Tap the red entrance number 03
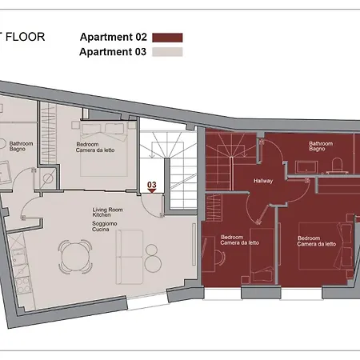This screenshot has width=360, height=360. (x=152, y=186)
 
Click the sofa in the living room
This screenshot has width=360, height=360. (x=128, y=256)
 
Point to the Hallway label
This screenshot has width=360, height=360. (x=263, y=181)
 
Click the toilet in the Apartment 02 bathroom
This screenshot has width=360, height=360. (x=337, y=165)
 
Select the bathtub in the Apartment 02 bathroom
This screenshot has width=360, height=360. (x=308, y=167)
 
